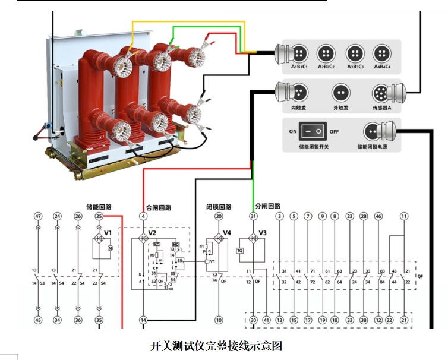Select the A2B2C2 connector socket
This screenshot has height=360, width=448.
point(326,53)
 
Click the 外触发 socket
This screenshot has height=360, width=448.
point(340,93)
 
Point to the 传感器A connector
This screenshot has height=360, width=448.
point(381,93)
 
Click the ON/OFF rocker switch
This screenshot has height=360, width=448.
point(313,131)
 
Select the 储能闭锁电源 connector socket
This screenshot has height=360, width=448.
point(373,131)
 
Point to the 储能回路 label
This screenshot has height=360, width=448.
point(99,207)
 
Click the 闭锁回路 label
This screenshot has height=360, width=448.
point(218,207)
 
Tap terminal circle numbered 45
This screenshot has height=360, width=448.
point(39,320)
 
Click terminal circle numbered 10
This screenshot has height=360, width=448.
point(219,320)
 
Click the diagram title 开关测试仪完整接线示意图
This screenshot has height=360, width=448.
point(214,345)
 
